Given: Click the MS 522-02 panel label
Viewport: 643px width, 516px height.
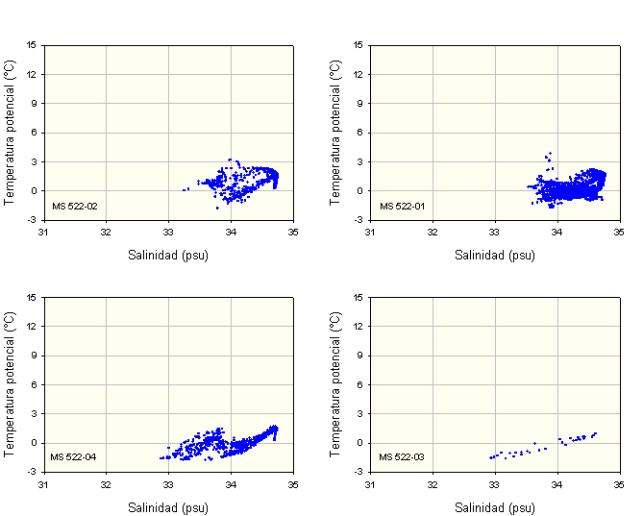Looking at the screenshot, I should point(74,206).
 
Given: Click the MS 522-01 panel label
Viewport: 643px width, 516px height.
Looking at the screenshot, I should point(401,206).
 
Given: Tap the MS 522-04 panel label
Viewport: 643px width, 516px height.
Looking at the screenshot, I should point(74,456).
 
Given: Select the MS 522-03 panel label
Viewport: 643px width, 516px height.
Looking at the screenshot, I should point(401,456).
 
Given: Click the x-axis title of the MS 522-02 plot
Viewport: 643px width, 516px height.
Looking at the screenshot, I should point(168,256).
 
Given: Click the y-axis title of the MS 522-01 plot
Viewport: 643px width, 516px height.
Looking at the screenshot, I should point(335,132).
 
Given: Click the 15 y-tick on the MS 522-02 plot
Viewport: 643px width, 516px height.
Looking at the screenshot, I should point(32,44).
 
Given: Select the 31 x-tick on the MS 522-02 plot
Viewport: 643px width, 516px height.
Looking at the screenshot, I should point(43,232).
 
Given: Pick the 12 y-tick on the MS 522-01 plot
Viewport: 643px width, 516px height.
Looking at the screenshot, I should point(359,74).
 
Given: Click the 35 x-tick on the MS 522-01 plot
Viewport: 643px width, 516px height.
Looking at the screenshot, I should point(620,232).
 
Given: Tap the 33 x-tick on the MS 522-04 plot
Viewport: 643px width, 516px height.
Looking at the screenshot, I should point(168,483).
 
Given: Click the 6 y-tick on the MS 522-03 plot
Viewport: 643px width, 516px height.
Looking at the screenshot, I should point(361,384).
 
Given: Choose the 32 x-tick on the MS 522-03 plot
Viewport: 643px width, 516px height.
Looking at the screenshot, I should point(433,483).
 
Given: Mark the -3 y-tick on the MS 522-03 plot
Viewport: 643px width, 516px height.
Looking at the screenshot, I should point(359,472).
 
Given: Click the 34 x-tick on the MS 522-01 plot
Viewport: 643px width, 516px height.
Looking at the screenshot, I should point(557,232).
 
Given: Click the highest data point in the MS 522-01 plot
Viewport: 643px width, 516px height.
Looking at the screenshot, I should point(549,153).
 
